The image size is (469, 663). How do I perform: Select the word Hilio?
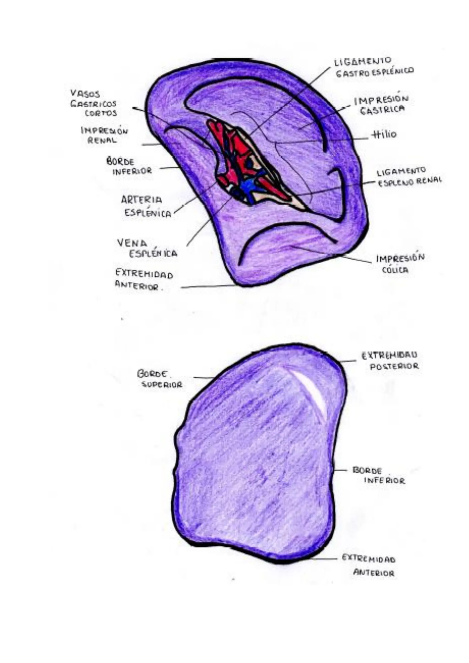coord(384,135)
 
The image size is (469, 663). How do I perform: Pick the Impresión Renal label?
coord(104,135)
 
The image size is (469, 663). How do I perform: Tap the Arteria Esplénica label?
coord(146,206)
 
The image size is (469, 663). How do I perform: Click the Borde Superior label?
coord(159,379)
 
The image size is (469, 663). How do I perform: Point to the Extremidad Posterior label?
coord(390,360)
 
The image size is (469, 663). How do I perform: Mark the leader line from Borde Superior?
coord(204,377)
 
